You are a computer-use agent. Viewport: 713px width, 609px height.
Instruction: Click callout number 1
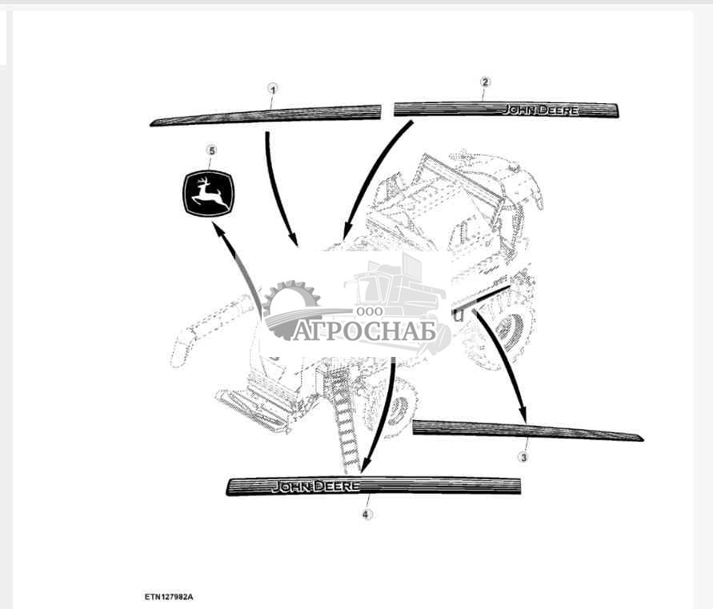pyautogui.click(x=272, y=90)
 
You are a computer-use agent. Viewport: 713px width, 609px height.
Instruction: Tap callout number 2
pyautogui.click(x=485, y=82)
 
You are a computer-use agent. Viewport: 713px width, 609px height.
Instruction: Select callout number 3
pyautogui.click(x=523, y=457)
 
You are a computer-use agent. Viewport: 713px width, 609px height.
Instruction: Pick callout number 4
pyautogui.click(x=367, y=515)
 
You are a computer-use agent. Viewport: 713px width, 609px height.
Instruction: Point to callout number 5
pyautogui.click(x=211, y=150)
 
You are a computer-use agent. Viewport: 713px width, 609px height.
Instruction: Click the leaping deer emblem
pyautogui.click(x=208, y=194)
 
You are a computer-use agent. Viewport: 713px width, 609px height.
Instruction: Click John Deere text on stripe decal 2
pyautogui.click(x=540, y=110)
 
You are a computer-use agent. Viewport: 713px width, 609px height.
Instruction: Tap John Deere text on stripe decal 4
pyautogui.click(x=315, y=487)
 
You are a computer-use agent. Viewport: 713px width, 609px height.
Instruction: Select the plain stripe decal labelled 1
pyautogui.click(x=266, y=115)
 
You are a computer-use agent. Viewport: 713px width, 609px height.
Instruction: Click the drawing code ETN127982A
pyautogui.click(x=169, y=597)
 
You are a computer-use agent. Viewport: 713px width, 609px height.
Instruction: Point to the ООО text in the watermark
pyautogui.click(x=370, y=311)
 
